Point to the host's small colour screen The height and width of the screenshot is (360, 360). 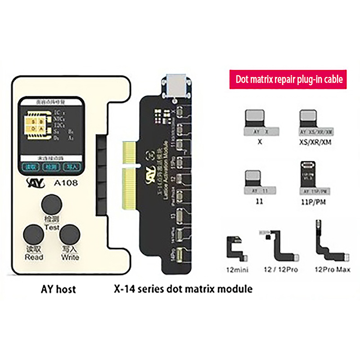[50, 135]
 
